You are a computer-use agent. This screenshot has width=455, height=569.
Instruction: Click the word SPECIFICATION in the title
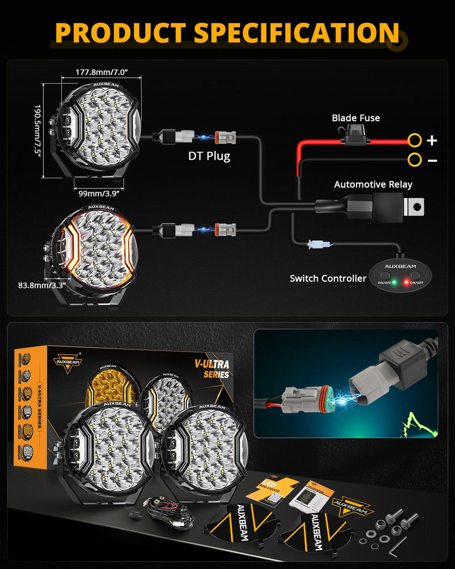tap(296, 33)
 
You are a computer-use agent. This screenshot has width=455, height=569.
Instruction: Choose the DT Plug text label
tap(210, 155)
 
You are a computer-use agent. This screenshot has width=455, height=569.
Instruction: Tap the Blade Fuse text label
tap(355, 118)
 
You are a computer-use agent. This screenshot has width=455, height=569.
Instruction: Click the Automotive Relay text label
tap(373, 184)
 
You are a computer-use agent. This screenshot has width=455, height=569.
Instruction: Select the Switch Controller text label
tap(328, 278)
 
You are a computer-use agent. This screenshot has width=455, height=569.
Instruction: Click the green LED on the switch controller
tap(394, 282)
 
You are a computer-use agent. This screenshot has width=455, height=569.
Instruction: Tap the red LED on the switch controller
tap(406, 282)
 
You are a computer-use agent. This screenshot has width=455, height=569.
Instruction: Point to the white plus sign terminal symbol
tap(432, 140)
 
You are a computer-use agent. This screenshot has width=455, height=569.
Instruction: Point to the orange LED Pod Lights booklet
tap(272, 493)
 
